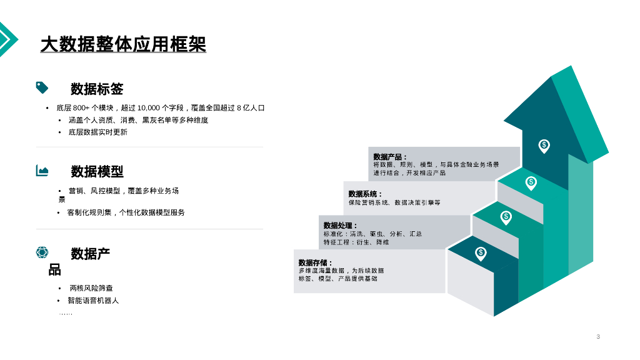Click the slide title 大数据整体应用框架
tap(123, 44)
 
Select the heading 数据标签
tap(97, 89)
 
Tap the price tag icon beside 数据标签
tap(42, 87)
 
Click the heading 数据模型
tap(97, 171)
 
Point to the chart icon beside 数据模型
tap(42, 170)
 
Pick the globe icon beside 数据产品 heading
tap(42, 252)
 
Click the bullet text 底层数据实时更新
tap(97, 132)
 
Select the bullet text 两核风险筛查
tap(91, 288)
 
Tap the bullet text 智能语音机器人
tap(93, 301)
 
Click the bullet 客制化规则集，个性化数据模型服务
tap(126, 212)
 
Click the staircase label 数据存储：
tap(316, 262)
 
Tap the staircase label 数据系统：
tap(366, 194)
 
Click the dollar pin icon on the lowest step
tap(481, 252)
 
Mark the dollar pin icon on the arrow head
tap(544, 145)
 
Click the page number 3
tap(598, 337)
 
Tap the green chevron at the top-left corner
tap(7, 39)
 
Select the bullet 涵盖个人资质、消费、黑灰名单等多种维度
tap(138, 120)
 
